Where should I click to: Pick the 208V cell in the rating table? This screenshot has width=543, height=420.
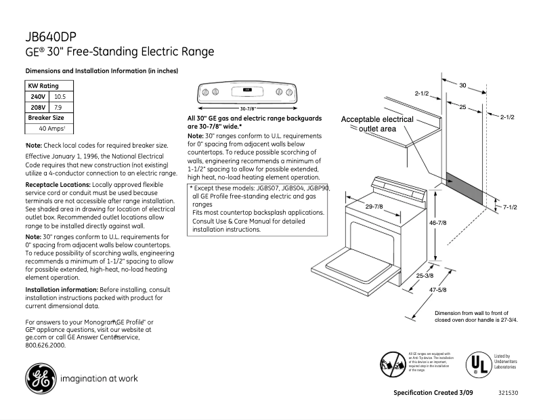click(38, 107)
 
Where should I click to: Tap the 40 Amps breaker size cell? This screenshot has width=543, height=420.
click(51, 128)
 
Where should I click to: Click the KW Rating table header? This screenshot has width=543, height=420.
click(43, 86)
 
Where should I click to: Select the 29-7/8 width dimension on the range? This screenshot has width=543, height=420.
click(374, 206)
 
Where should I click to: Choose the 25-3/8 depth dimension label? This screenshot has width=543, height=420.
click(425, 276)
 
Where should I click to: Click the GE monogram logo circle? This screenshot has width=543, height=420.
click(40, 378)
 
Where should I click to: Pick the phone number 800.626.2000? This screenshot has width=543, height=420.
click(45, 345)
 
